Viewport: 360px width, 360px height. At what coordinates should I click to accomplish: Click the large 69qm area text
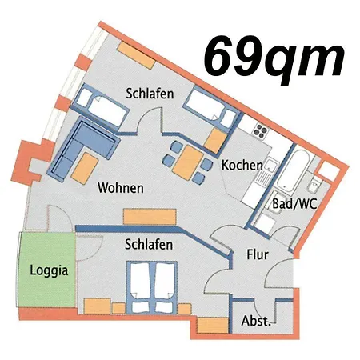pyautogui.click(x=274, y=54)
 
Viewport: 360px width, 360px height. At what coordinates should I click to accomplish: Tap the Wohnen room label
pyautogui.click(x=120, y=189)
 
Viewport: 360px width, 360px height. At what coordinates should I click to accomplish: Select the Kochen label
pyautogui.click(x=242, y=166)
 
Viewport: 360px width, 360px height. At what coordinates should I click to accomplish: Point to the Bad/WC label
pyautogui.click(x=294, y=203)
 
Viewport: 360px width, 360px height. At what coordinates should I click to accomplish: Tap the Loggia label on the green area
pyautogui.click(x=48, y=270)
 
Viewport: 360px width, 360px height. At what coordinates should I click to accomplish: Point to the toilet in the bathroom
pyautogui.click(x=327, y=173)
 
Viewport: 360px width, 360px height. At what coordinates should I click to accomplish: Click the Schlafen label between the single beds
pyautogui.click(x=150, y=94)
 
